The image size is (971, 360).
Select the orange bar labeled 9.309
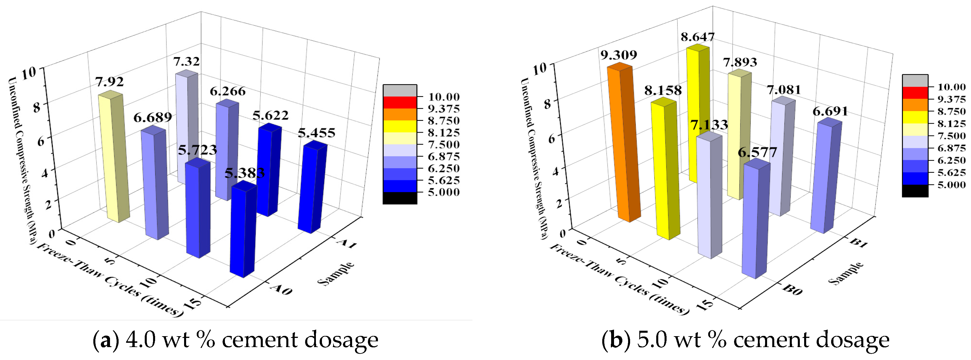pyautogui.click(x=624, y=143)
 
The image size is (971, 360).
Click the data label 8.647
pyautogui.click(x=697, y=37)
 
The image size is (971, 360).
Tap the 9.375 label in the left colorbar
pyautogui.click(x=443, y=109)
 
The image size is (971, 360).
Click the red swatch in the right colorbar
pyautogui.click(x=915, y=93)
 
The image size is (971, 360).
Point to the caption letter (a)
pyautogui.click(x=106, y=340)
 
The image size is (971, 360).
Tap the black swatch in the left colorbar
pyautogui.click(x=399, y=198)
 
